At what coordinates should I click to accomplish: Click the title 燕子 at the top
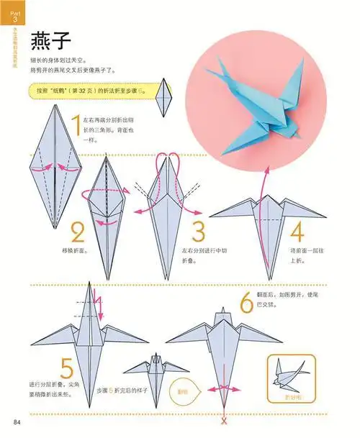(48, 42)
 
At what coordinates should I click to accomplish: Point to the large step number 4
(297, 232)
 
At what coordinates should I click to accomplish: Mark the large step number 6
(246, 301)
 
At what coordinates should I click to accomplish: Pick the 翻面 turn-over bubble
(184, 392)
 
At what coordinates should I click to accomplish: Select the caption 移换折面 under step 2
(77, 252)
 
